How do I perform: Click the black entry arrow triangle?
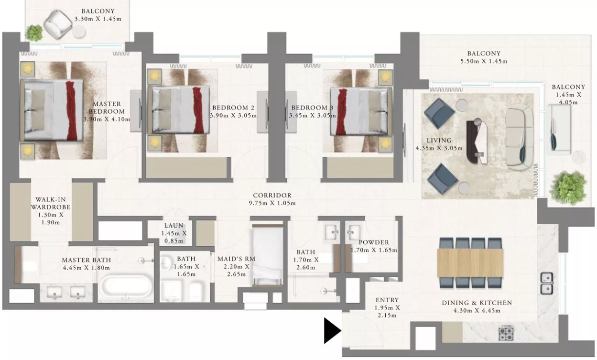332,331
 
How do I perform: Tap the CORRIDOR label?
272,196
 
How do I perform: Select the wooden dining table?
470,262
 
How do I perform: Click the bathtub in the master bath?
126,288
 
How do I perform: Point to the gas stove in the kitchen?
506,333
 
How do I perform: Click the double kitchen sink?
547,283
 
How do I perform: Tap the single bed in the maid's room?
268,255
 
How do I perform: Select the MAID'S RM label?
237,259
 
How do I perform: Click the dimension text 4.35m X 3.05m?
439,148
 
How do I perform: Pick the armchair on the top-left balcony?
58,25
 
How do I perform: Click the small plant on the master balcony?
34,33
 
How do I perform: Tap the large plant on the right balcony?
568,188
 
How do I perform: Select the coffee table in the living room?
478,141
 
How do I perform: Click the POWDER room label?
374,242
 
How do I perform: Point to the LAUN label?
174,226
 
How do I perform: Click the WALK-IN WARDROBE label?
51,203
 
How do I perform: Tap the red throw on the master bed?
71,110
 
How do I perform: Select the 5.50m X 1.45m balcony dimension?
484,61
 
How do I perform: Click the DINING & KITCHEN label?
477,303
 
